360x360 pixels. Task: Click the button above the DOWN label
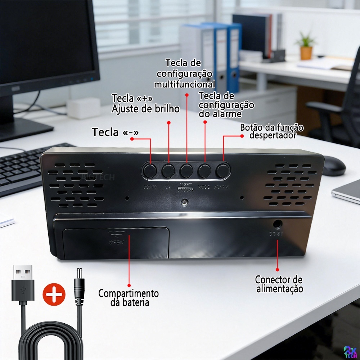(x=149, y=171)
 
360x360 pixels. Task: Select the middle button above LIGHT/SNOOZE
(x=186, y=171)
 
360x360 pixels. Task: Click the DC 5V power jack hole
(x=277, y=224)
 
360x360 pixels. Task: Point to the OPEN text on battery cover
(x=116, y=242)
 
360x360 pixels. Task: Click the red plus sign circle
(x=54, y=294)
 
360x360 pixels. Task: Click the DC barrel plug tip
(x=78, y=274)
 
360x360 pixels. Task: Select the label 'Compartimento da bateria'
(x=129, y=297)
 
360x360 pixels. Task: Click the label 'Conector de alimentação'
(x=279, y=284)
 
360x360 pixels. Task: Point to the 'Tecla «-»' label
(x=115, y=132)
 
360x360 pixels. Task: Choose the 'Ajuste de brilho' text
(x=145, y=109)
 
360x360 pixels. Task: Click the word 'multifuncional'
(x=185, y=84)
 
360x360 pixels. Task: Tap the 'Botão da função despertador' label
(x=272, y=131)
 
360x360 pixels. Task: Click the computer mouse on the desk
(x=334, y=166)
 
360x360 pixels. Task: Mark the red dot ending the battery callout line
(x=129, y=285)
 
